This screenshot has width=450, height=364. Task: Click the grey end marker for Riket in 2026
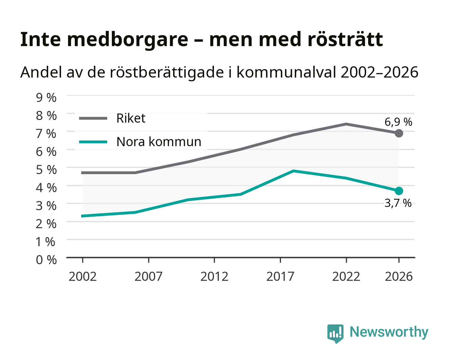pos(398,133)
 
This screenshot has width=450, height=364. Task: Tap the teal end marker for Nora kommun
pos(398,191)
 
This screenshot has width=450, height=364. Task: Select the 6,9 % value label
pos(398,122)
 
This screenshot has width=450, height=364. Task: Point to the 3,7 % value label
pos(398,203)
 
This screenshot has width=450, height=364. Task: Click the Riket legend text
pos(131,118)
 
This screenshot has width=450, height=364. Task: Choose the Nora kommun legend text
pos(159,142)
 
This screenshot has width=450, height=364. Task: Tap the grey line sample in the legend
pos(93,118)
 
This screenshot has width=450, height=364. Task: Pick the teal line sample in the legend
pos(93,142)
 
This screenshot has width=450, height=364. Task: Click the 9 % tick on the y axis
pos(46,98)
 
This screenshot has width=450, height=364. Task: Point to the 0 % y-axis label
pos(46,260)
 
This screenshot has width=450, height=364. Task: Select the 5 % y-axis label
pos(46,170)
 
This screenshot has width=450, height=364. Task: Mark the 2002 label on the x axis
pos(83,276)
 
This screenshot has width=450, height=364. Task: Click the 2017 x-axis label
pos(280,276)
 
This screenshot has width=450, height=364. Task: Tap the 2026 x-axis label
pos(399,276)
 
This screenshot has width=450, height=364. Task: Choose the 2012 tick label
pos(214,276)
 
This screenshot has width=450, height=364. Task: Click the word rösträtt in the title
pos(345,39)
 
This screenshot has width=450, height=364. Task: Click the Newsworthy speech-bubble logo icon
pos(335,334)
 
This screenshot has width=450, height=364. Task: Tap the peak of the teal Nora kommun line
pos(293,171)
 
